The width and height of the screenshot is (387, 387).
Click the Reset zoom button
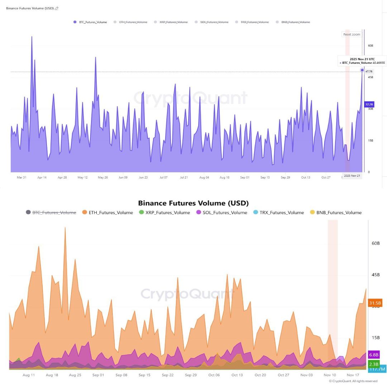coord(352,34)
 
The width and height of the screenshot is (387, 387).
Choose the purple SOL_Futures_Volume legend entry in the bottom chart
coord(222,212)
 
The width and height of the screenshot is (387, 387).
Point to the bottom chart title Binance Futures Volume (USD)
coord(193,203)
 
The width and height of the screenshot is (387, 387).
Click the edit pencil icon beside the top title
coord(57,8)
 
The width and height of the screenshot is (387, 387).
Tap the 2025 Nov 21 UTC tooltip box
coord(362,61)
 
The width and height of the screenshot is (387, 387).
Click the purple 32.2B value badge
coord(369,104)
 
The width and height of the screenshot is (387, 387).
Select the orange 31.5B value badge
coord(375,303)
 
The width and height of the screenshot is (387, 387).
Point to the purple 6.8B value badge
coord(374,355)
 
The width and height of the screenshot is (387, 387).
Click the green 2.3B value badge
coord(374,364)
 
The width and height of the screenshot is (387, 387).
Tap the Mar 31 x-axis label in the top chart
coord(21,177)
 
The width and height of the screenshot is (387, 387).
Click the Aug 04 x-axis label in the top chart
coord(204,177)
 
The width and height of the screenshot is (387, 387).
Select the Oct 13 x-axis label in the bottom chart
coord(237,375)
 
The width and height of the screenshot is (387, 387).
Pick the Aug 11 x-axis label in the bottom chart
coord(29,375)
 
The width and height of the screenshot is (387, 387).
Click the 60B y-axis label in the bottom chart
coord(376,243)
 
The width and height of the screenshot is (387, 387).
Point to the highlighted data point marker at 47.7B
coord(362,70)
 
